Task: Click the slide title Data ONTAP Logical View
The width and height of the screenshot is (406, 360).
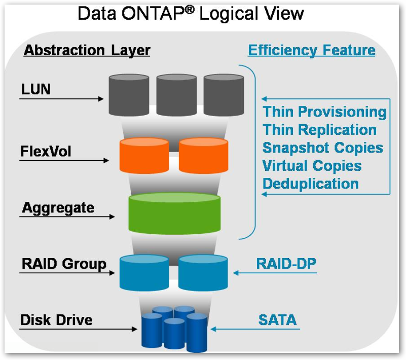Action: pyautogui.click(x=190, y=13)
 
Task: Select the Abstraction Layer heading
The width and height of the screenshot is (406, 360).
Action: pyautogui.click(x=87, y=51)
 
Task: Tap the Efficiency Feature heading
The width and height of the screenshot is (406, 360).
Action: pyautogui.click(x=311, y=50)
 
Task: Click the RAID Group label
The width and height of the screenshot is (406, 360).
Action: pyautogui.click(x=64, y=264)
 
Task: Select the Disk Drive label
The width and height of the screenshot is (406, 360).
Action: pyautogui.click(x=56, y=320)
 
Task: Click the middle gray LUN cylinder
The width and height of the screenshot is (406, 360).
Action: pyautogui.click(x=176, y=94)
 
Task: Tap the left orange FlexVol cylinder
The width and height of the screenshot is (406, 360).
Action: pyautogui.click(x=144, y=156)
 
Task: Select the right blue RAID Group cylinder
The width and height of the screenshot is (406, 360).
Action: pyautogui.click(x=203, y=272)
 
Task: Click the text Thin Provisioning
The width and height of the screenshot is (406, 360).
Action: pyautogui.click(x=325, y=112)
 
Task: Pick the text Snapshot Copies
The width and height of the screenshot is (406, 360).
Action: pyautogui.click(x=323, y=148)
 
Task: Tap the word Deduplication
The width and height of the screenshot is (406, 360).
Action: pyautogui.click(x=310, y=183)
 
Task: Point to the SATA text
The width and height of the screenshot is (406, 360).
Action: pyautogui.click(x=277, y=320)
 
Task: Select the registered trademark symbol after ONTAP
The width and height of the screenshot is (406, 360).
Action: pyautogui.click(x=189, y=9)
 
